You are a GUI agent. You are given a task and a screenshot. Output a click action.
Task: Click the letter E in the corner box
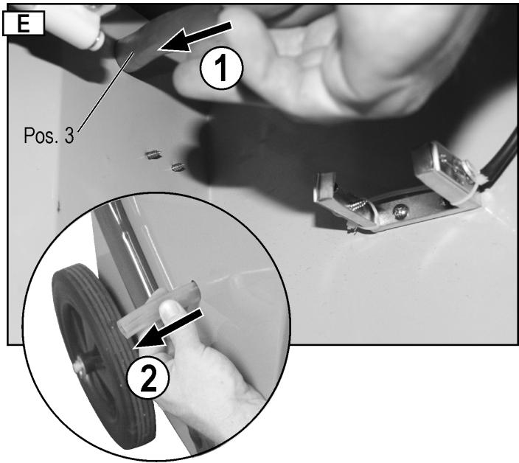(x=23, y=22)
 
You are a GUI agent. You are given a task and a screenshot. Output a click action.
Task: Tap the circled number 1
(x=221, y=69)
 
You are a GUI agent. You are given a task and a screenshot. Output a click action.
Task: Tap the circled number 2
(x=148, y=380)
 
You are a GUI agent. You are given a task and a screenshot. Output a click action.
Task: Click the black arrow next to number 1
(x=195, y=37)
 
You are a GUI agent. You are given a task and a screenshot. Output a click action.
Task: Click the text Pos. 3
(x=49, y=135)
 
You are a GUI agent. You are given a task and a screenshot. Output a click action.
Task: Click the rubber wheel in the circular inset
(x=102, y=357)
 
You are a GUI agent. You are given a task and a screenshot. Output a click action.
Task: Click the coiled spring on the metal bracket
(x=358, y=204)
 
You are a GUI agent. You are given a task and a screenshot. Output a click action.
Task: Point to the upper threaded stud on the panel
(x=153, y=154)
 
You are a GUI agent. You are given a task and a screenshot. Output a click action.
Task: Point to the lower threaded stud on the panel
(x=178, y=167)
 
